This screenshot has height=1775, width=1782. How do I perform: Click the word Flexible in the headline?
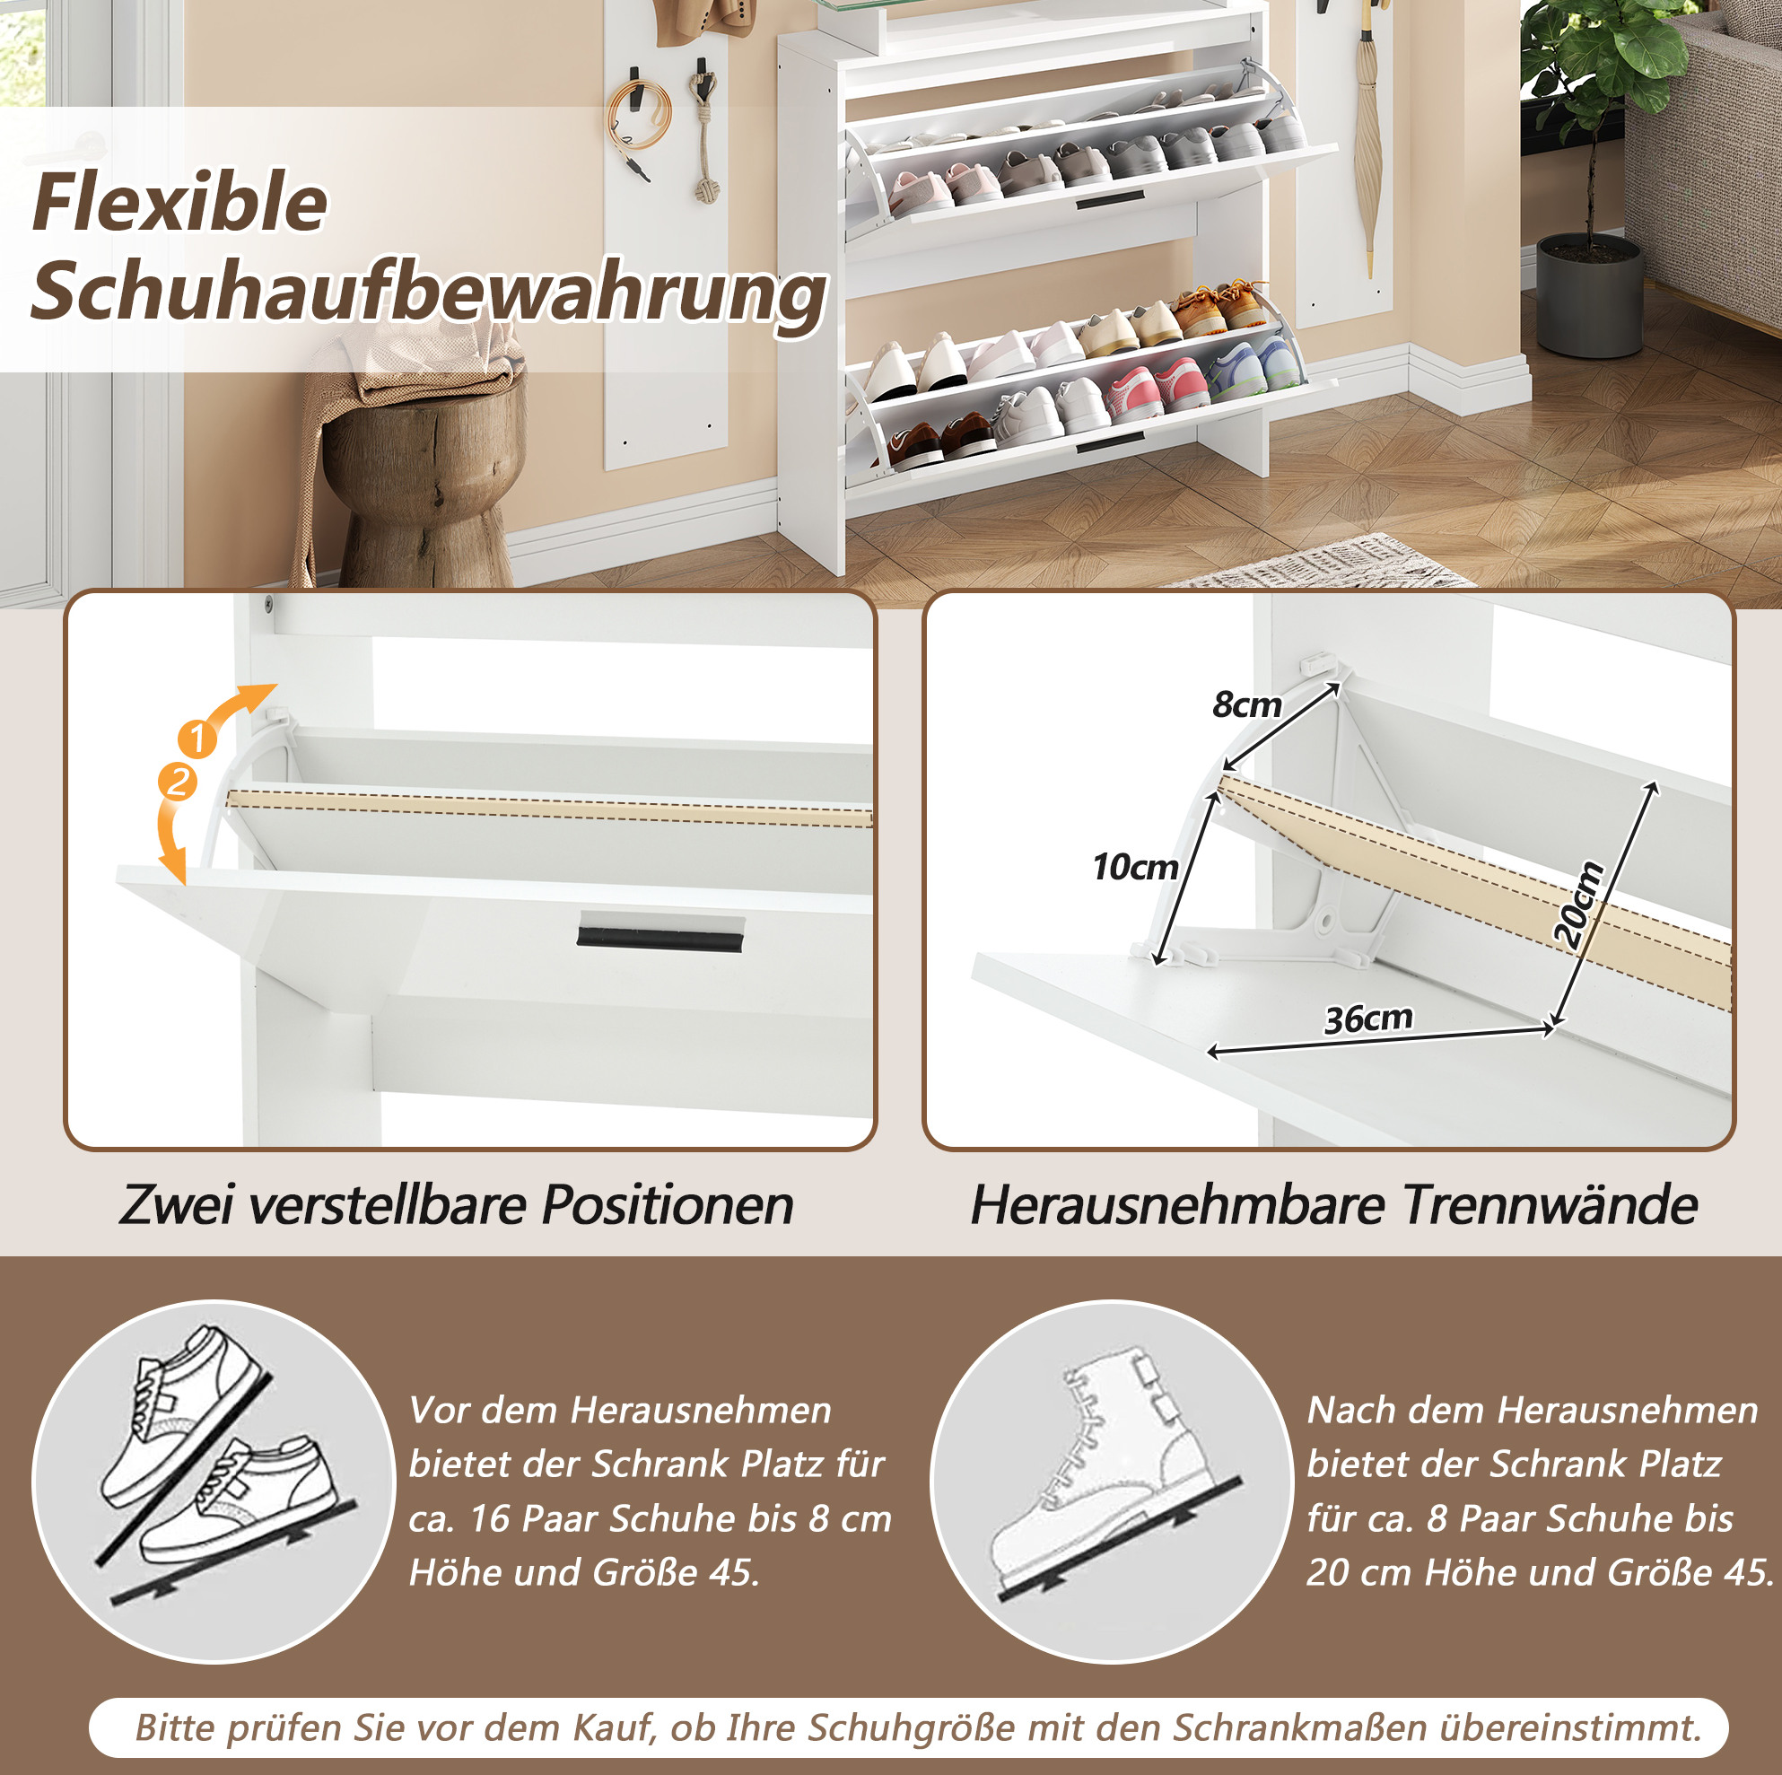point(179,202)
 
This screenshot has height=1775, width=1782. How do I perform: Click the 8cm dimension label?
point(1246,704)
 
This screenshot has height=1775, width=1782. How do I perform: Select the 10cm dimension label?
point(1134,866)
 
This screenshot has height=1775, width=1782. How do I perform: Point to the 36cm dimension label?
point(1368,1018)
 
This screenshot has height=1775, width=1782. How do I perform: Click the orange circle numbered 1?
point(197,738)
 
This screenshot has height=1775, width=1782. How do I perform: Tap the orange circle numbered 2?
point(178,782)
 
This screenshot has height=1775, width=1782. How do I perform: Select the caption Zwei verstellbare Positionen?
point(457,1205)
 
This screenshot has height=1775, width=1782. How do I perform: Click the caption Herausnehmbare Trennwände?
point(1333,1205)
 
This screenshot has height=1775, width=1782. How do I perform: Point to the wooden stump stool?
point(420,480)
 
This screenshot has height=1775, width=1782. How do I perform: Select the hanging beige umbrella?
point(1367,138)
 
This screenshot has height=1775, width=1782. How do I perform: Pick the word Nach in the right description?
point(1351,1410)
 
